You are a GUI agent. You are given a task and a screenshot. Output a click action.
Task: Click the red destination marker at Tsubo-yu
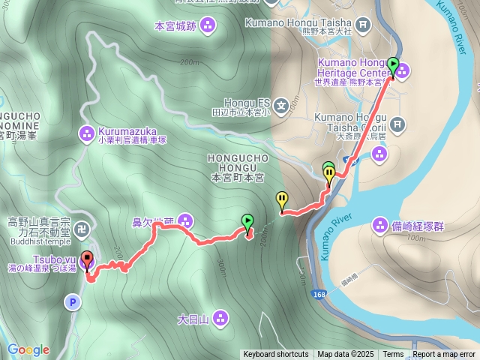pos(86,260)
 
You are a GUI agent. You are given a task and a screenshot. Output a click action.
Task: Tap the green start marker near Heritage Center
pos(392,64)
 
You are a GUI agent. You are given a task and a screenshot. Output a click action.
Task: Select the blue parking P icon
pos(72,303)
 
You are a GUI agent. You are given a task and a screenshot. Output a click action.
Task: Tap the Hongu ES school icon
pos(280,105)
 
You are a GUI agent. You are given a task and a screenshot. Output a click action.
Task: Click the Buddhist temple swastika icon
pos(85,227)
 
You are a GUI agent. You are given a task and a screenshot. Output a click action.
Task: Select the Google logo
pos(28,349)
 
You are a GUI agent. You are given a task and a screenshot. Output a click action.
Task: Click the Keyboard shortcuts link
pos(275,355)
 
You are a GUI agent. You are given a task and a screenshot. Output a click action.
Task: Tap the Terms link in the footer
pos(393,355)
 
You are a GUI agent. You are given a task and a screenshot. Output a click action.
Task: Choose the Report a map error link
pos(444,355)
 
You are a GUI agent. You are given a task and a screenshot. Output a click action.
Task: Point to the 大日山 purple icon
pos(220,318)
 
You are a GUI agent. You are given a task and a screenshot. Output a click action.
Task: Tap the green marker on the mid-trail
pos(247,220)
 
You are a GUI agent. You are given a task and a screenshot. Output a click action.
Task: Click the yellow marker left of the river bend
pos(282,199)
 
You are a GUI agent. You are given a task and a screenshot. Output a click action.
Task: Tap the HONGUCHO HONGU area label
pos(237,164)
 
